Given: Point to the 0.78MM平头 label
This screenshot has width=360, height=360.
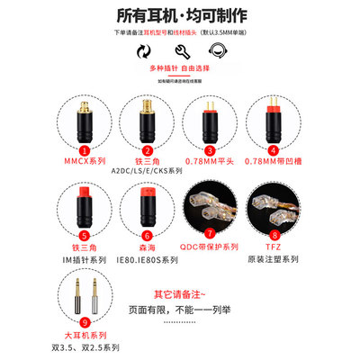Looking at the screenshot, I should [210, 163].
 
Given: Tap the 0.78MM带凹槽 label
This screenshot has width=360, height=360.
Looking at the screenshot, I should [274, 163].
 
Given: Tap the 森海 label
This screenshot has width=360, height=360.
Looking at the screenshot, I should [148, 243].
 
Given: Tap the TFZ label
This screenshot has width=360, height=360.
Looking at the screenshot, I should [273, 243].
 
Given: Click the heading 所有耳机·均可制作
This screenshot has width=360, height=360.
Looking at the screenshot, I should [180, 15].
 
